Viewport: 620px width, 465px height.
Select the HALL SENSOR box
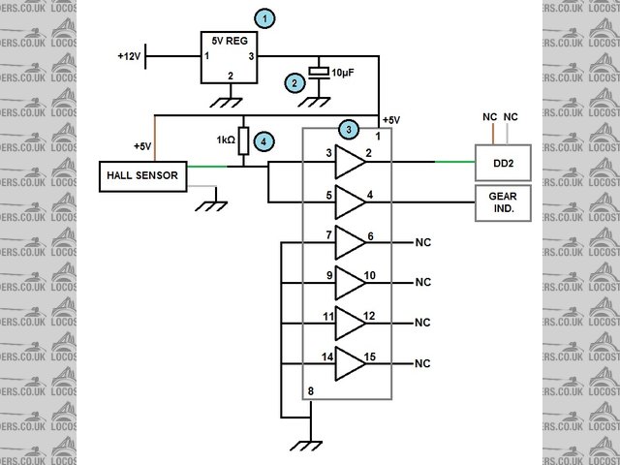click(x=144, y=175)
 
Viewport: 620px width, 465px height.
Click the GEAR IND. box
click(x=502, y=202)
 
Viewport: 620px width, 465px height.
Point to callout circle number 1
click(x=263, y=17)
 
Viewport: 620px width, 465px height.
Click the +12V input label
click(x=129, y=57)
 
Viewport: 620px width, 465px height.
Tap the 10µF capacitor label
click(x=343, y=73)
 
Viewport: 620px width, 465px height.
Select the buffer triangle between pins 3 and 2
click(x=350, y=163)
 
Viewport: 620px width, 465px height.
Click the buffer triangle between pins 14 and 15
click(x=350, y=363)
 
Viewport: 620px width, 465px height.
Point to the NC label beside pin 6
click(x=421, y=242)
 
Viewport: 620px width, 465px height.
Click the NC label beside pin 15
click(x=421, y=364)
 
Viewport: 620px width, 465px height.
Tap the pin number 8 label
click(x=310, y=391)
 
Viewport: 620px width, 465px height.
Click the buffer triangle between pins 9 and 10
click(x=350, y=282)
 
